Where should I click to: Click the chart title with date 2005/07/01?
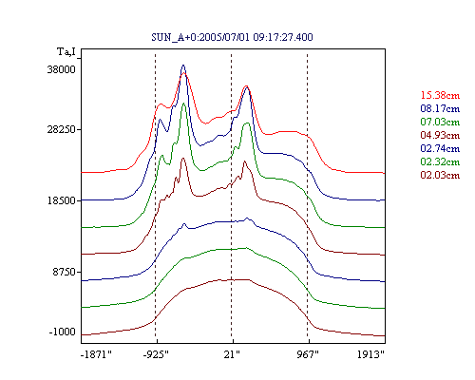(232, 37)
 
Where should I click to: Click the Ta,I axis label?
(66, 51)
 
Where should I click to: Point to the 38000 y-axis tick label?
(62, 69)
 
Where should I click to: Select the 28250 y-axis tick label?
(62, 129)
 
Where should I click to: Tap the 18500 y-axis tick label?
(62, 200)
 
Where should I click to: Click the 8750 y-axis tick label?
(65, 272)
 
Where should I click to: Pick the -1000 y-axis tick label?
(63, 332)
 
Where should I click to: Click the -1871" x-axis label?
(96, 354)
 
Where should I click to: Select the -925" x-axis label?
(156, 354)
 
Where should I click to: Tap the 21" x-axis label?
(232, 354)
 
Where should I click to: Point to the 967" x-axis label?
(308, 354)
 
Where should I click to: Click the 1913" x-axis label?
(370, 354)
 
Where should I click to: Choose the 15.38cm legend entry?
(440, 95)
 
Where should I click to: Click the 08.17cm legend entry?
(440, 108)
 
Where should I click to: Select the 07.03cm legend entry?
(440, 122)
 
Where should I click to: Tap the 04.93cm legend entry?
(440, 135)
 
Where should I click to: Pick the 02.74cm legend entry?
(440, 148)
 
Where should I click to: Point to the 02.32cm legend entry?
(440, 161)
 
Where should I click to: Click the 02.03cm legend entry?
(440, 175)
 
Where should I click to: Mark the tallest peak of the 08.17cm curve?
(183, 66)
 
